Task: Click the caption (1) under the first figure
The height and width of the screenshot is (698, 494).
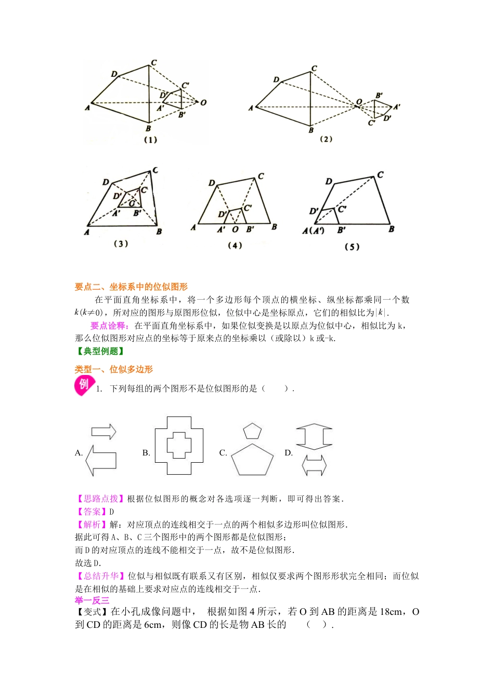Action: click(150, 140)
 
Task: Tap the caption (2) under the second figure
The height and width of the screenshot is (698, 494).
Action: click(326, 139)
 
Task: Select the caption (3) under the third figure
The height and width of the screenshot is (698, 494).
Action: click(121, 244)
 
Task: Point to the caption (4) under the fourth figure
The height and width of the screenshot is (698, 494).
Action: click(235, 245)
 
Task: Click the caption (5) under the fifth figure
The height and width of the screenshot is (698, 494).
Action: click(352, 247)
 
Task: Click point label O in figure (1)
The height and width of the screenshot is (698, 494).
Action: click(203, 102)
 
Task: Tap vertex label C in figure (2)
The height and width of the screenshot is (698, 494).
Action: click(314, 69)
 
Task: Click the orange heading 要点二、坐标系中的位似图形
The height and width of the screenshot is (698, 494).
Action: click(131, 287)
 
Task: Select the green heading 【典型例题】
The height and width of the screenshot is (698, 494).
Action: click(100, 351)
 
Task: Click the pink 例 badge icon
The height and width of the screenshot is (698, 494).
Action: click(85, 385)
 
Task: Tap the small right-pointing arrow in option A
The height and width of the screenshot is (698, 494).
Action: click(103, 431)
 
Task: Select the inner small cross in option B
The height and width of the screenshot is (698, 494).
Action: click(179, 445)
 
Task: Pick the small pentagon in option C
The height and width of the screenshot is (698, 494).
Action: click(252, 431)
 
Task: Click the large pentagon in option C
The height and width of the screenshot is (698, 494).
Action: click(252, 461)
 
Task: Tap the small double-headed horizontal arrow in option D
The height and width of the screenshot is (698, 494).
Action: click(314, 465)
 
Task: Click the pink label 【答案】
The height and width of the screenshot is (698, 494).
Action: click(92, 512)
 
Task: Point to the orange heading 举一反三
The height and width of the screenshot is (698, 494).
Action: click(92, 600)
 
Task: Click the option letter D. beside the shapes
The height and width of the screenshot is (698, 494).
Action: click(289, 453)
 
